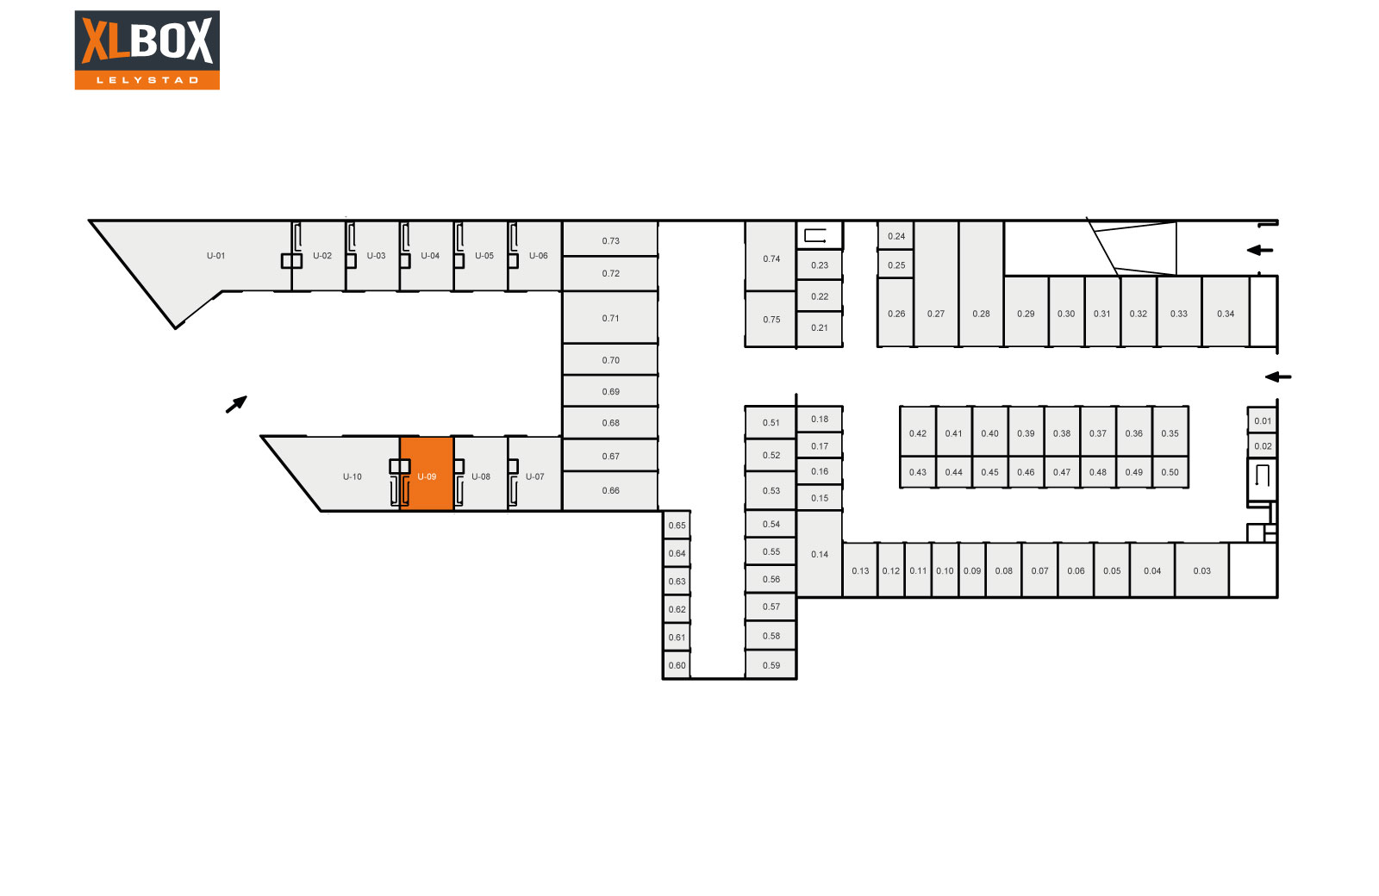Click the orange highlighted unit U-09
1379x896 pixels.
pos(427,474)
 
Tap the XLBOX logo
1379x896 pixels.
pos(147,50)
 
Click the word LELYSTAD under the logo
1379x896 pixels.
pos(147,80)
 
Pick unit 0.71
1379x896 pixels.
pos(610,318)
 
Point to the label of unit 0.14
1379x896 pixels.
pos(820,555)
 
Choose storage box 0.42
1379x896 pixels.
pos(918,432)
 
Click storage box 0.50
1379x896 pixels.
pos(1170,472)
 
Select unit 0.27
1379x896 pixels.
pos(936,283)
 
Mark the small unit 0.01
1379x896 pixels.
pos(1262,420)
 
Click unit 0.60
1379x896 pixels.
pos(677,665)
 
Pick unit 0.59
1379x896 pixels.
pos(771,665)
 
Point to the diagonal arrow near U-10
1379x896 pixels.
pos(236,404)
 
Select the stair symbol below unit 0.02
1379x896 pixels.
pos(1262,476)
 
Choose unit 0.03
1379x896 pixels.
pos(1201,569)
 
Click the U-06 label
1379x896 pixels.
pos(538,255)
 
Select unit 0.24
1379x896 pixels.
pos(895,236)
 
